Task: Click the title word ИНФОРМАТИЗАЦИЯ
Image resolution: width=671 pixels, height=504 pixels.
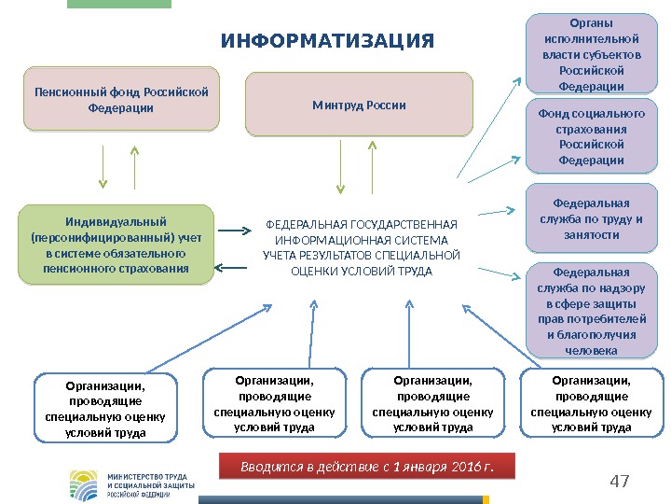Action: [x=327, y=42]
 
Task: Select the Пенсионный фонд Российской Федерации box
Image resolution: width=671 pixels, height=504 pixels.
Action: [x=121, y=98]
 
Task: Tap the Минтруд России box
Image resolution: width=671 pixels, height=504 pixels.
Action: [x=359, y=105]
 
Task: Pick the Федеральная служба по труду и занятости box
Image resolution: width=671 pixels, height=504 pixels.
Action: [x=592, y=219]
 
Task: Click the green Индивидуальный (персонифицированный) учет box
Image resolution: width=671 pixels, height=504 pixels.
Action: [x=116, y=245]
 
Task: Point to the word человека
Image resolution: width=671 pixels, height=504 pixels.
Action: [x=592, y=350]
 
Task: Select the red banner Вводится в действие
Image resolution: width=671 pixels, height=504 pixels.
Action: [x=365, y=466]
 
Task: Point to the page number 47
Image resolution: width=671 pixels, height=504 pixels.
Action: [x=619, y=482]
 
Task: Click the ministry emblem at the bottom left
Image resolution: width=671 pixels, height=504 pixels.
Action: [x=84, y=484]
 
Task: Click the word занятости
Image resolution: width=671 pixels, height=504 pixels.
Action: [x=592, y=235]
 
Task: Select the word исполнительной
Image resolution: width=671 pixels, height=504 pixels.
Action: [x=592, y=39]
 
